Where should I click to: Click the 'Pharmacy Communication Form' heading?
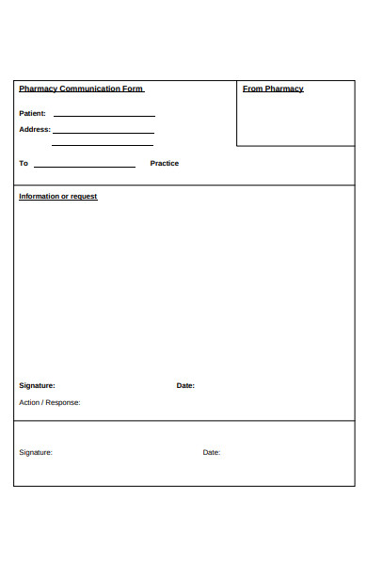tap(81, 89)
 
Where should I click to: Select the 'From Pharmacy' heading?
tap(273, 89)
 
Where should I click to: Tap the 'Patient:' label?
tap(32, 113)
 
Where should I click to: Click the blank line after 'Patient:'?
tap(104, 116)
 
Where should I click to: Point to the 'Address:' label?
tap(34, 130)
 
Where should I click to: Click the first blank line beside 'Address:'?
tap(103, 133)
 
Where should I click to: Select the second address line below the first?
tap(103, 146)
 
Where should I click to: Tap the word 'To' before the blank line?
tap(24, 164)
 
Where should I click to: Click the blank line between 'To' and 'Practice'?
tap(85, 167)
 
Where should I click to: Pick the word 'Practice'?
tap(164, 164)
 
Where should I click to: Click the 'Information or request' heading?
tap(58, 197)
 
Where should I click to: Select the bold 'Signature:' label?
tap(37, 385)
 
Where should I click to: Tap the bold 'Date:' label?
tap(185, 385)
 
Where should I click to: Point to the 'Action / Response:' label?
tap(50, 402)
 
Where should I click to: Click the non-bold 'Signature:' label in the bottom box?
tap(36, 452)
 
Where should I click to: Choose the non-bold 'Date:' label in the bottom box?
tap(211, 452)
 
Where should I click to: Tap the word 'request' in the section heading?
tap(84, 197)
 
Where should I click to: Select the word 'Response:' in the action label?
tap(64, 402)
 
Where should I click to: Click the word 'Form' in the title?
tap(133, 89)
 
